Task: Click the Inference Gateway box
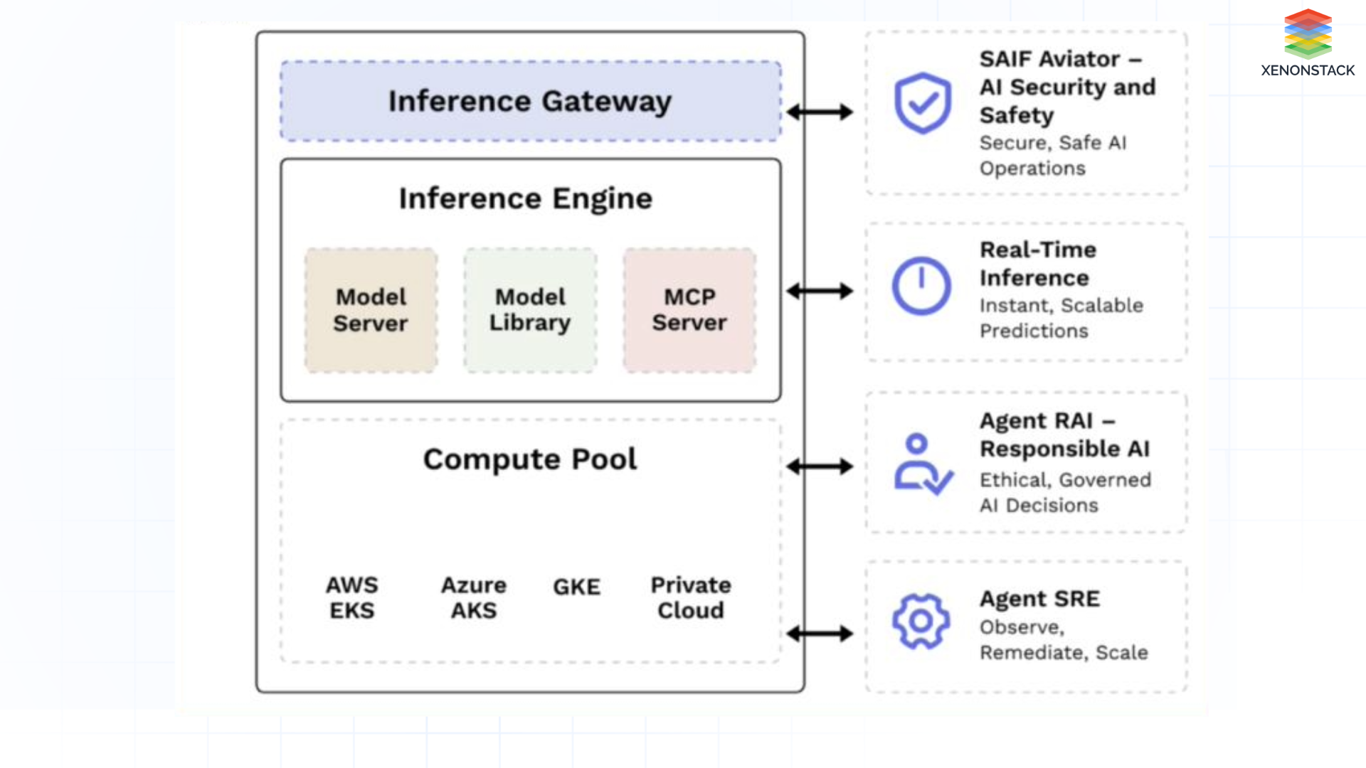530,101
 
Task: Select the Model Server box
371,310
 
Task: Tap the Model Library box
530,310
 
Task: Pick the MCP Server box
689,310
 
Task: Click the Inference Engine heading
526,198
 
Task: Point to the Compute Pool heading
530,459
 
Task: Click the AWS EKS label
351,597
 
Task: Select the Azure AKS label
474,597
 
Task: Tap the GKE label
577,587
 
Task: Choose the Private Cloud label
691,597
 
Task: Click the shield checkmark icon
923,103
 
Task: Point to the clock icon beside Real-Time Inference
921,286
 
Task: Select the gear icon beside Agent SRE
921,621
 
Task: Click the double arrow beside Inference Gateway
820,112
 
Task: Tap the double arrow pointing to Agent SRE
820,633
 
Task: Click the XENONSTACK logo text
1308,70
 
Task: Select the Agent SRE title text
1039,599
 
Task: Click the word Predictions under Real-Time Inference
1034,331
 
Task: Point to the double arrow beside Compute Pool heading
820,466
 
